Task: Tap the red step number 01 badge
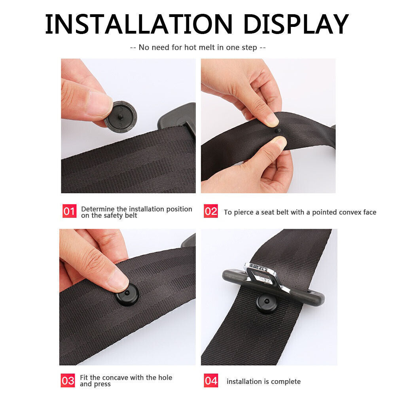tap(69, 211)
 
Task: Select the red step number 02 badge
tap(211, 211)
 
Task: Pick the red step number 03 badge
tap(68, 381)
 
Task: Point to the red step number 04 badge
tap(211, 381)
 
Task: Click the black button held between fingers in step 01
tap(121, 116)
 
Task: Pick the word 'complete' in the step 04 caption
tap(286, 382)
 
